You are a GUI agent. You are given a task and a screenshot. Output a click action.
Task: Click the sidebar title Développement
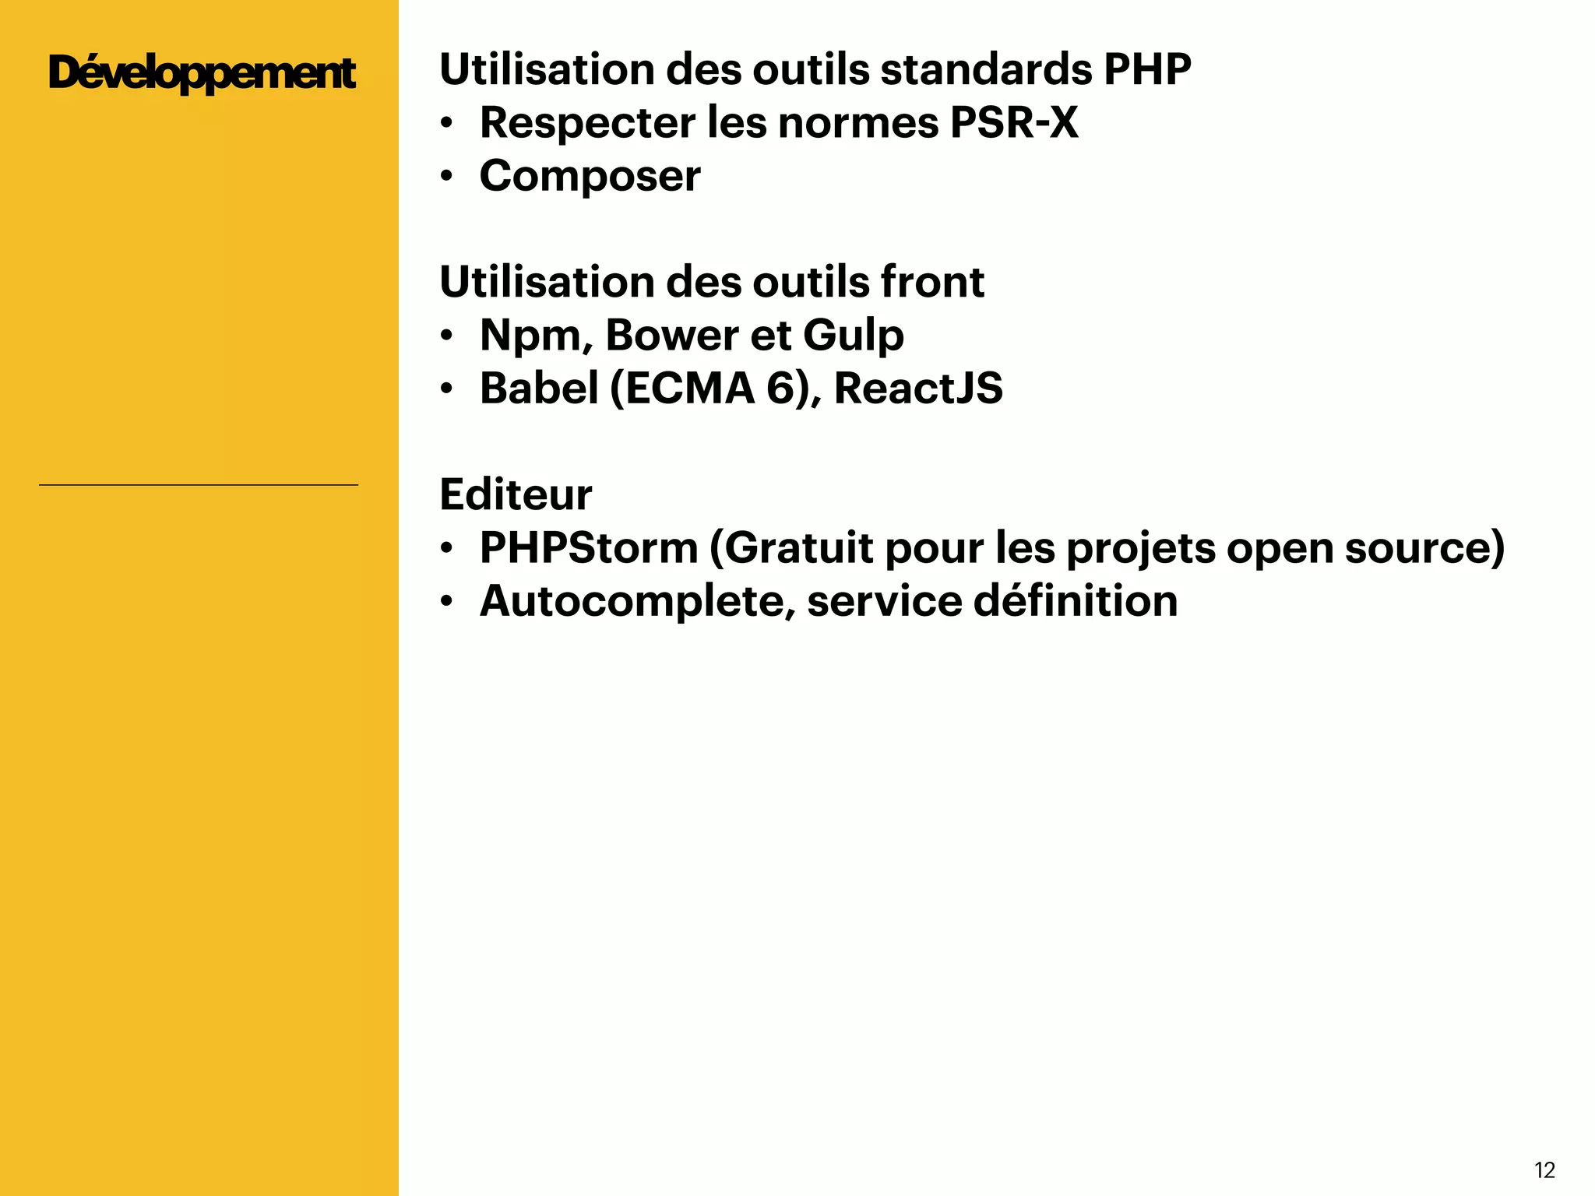pos(201,74)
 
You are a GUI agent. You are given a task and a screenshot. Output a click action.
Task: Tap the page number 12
pos(1544,1170)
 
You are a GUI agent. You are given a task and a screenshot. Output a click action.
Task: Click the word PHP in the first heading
pos(1147,70)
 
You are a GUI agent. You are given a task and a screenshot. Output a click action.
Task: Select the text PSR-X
pos(1014,123)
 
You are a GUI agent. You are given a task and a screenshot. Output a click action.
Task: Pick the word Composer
pos(590,177)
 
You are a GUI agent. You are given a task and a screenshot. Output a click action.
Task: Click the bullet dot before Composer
pos(446,177)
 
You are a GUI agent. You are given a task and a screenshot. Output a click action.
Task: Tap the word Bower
pos(671,336)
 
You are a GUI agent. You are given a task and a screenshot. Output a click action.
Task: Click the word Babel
pos(538,389)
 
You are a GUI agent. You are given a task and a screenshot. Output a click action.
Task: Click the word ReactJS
pos(918,389)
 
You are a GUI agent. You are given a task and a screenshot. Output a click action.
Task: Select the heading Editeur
pos(516,494)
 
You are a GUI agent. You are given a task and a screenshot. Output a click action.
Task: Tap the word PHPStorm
pos(588,548)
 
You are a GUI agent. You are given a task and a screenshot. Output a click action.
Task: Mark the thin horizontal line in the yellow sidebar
pos(199,485)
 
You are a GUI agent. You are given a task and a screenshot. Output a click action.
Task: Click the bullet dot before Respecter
pos(446,124)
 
